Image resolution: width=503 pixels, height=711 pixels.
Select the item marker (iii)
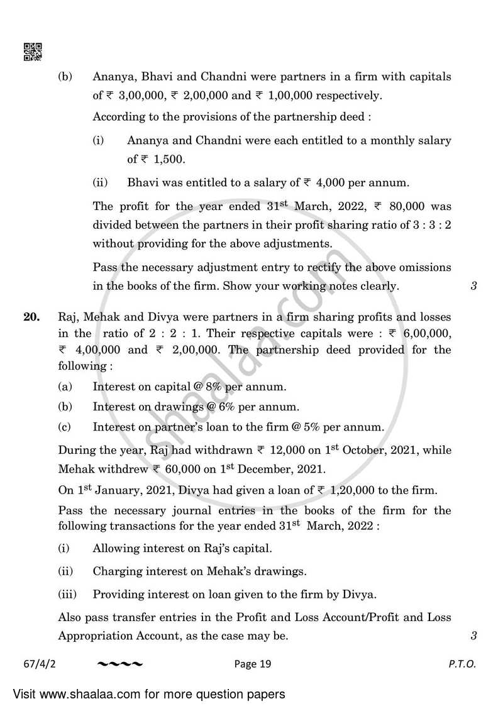pos(67,594)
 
